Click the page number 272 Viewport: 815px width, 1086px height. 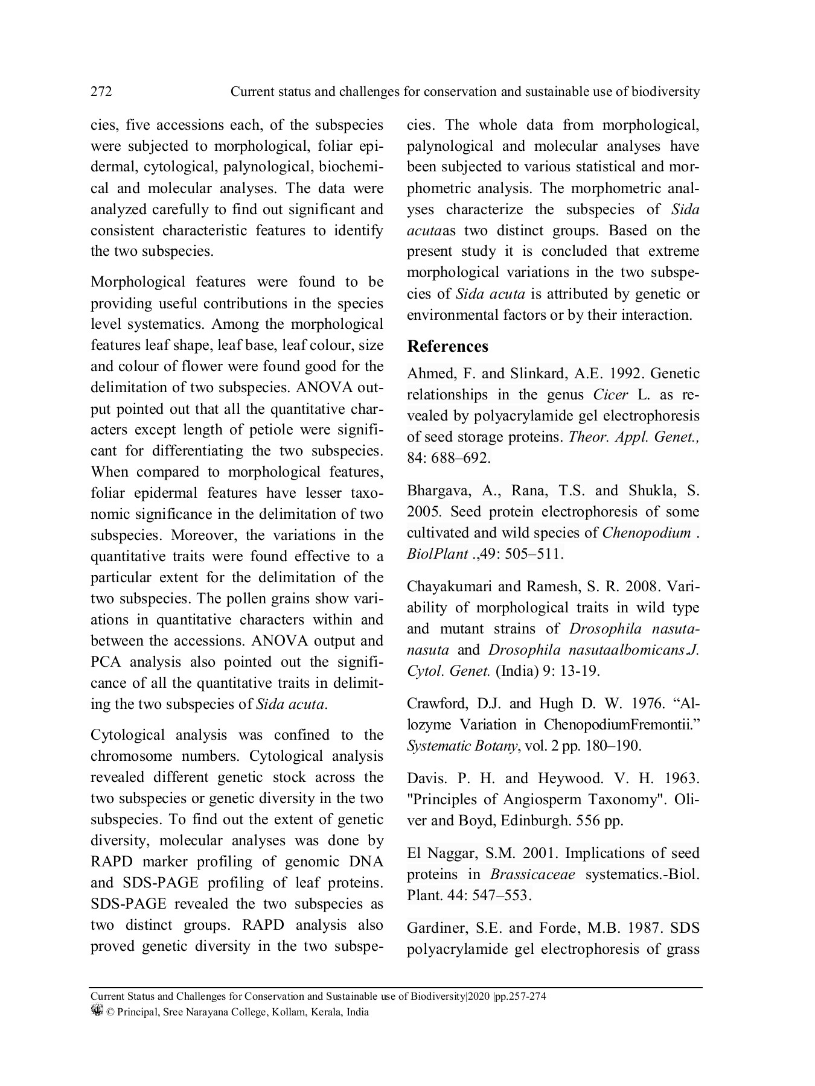click(101, 92)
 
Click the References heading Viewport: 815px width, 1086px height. click(447, 346)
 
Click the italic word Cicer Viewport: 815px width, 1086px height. click(610, 395)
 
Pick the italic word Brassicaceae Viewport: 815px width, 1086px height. click(532, 874)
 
